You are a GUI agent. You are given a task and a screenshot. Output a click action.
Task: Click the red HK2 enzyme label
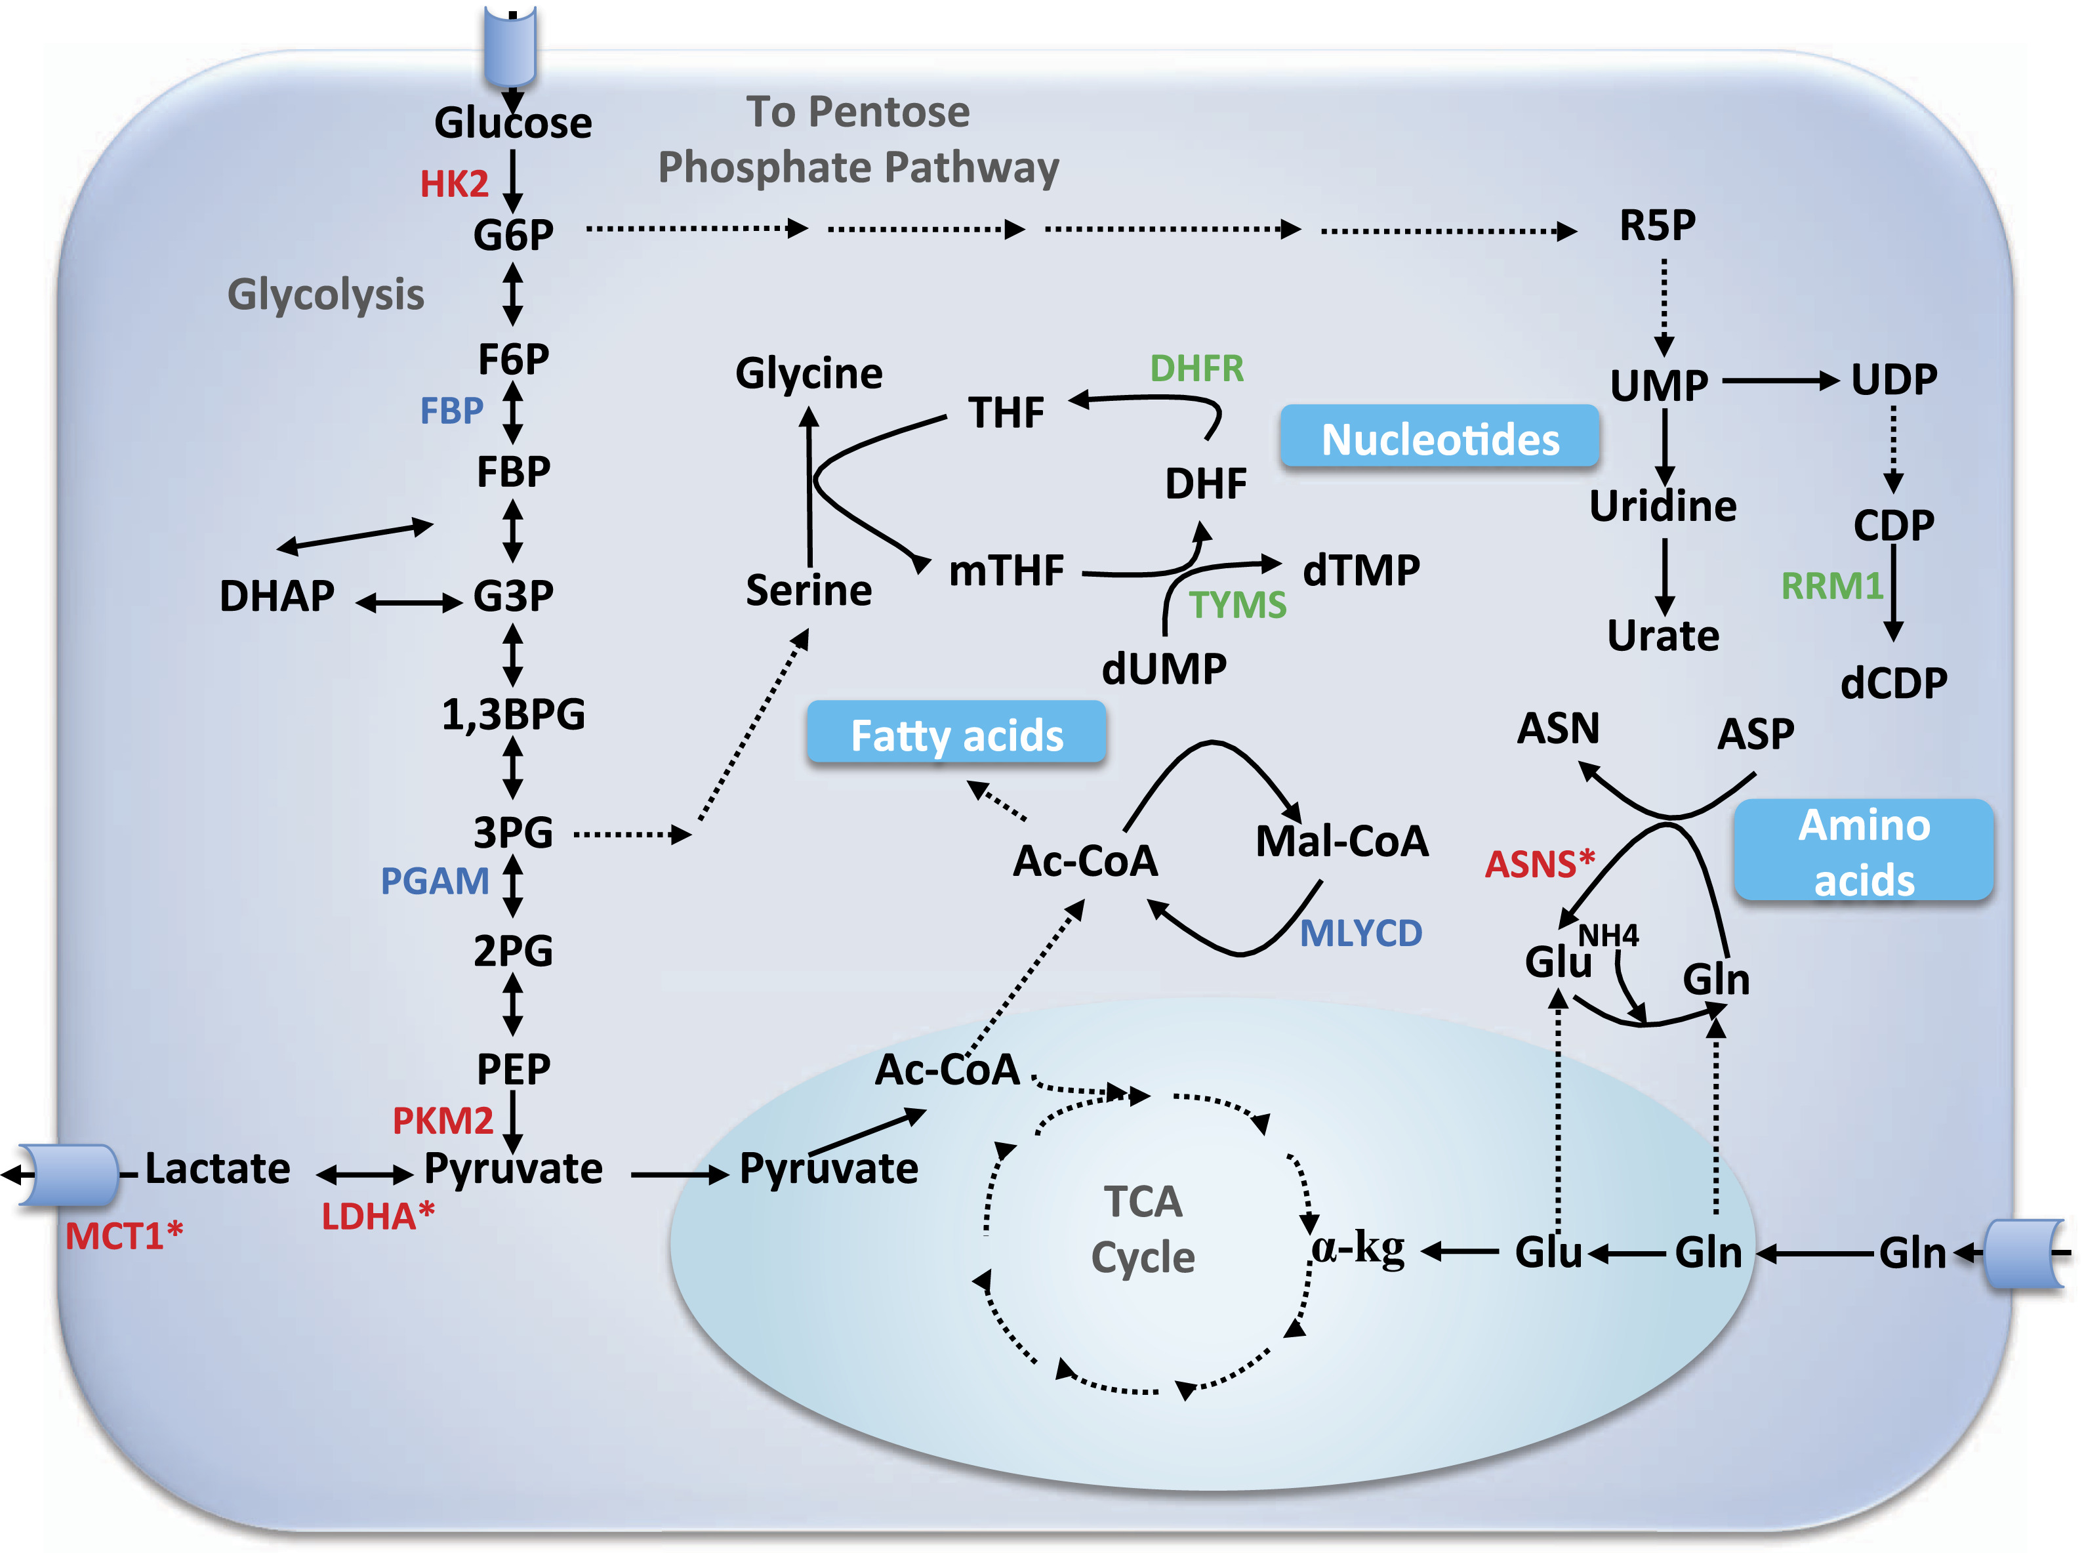tap(454, 184)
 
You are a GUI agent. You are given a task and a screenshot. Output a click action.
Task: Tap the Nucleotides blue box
tap(1439, 436)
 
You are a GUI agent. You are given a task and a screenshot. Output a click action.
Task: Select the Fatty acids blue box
tap(956, 732)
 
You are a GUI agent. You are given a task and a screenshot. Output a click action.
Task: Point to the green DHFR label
tap(1196, 369)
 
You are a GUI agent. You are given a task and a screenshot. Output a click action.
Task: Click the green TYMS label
tap(1237, 604)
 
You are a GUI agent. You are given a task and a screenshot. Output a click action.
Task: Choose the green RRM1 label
tap(1832, 586)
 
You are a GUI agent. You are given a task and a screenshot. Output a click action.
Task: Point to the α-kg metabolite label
tap(1357, 1249)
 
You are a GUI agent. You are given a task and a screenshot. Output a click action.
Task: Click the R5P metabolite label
tap(1657, 226)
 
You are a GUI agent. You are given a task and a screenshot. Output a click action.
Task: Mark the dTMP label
tap(1361, 569)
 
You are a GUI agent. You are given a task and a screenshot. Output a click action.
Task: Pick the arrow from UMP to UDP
tap(1780, 381)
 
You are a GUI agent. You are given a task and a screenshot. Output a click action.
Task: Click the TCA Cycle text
tap(1142, 1229)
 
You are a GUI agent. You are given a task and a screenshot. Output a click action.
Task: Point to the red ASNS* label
tap(1540, 863)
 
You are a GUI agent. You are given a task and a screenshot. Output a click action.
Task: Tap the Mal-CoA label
tap(1341, 840)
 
